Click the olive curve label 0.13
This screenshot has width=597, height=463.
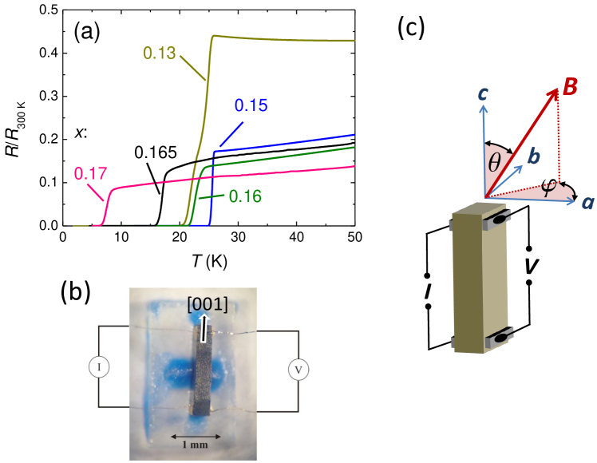click(x=160, y=53)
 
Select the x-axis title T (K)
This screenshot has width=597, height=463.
click(x=210, y=260)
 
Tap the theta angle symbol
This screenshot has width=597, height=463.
click(x=493, y=164)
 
